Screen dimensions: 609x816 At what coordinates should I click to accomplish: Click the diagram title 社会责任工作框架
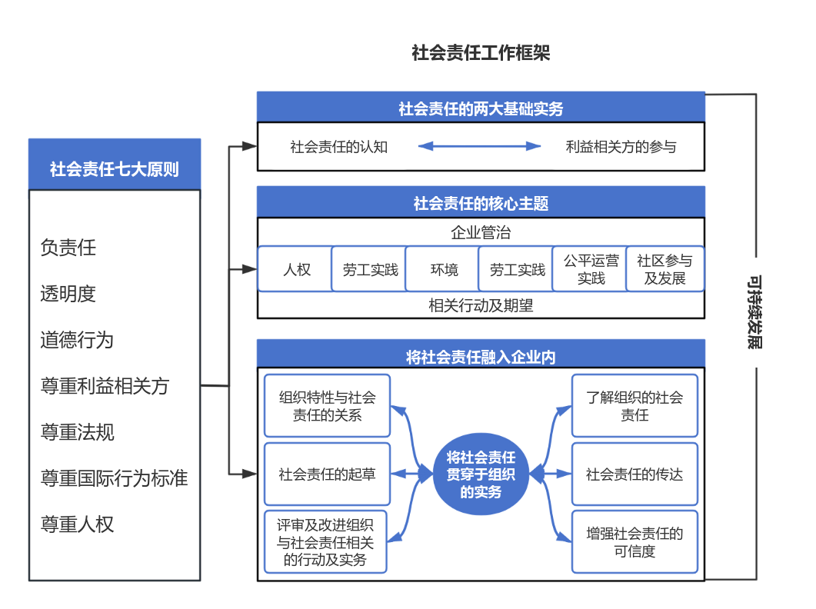(x=481, y=53)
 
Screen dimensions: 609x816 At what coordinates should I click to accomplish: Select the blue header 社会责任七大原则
(x=115, y=168)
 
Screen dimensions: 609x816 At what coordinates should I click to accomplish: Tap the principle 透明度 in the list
(x=68, y=294)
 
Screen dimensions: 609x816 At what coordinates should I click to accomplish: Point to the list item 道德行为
(x=77, y=340)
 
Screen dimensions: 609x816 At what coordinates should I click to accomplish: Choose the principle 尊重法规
(x=77, y=432)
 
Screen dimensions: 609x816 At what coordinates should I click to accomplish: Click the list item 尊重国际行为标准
(x=114, y=478)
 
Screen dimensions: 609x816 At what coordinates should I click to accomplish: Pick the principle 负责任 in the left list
(x=68, y=248)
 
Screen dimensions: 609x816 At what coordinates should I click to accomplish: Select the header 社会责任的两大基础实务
(x=481, y=108)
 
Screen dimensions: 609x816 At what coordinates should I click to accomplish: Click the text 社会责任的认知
(x=338, y=146)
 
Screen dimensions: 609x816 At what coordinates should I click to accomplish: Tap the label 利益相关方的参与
(x=621, y=146)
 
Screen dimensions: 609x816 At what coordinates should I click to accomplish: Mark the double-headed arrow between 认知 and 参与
(x=480, y=146)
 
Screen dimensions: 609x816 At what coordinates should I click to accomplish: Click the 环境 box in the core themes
(x=444, y=270)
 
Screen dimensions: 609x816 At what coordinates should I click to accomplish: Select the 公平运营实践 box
(x=591, y=270)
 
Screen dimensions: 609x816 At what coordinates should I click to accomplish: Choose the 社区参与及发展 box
(x=664, y=270)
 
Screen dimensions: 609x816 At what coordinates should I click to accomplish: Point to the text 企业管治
(x=481, y=232)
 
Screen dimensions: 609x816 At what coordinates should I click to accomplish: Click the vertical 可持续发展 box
(x=756, y=311)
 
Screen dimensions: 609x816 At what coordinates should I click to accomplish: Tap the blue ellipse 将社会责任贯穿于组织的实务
(x=481, y=474)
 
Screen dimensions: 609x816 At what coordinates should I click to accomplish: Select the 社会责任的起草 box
(x=327, y=474)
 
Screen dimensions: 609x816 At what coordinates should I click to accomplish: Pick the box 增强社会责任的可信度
(x=634, y=542)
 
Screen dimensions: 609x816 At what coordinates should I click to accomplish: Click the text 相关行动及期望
(x=481, y=305)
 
